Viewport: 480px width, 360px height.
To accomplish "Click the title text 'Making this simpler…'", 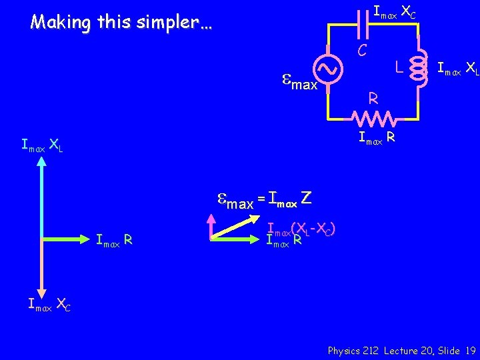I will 121,22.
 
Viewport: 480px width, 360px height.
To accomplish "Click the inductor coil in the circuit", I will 418,67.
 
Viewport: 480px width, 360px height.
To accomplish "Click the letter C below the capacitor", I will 361,49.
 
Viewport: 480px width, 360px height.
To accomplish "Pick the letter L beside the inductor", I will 397,67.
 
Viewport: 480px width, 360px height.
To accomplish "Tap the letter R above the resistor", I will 374,99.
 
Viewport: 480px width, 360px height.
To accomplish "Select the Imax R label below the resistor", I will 377,138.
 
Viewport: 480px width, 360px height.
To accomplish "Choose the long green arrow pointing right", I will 67,239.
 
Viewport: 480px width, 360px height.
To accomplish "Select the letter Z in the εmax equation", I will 306,198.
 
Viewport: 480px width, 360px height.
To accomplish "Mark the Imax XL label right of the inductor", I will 457,68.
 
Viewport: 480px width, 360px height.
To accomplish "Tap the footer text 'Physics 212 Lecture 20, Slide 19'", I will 401,350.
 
